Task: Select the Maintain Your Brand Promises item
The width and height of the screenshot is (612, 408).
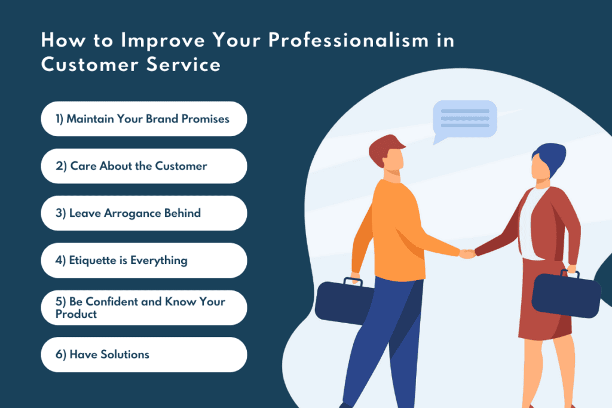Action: [x=143, y=119]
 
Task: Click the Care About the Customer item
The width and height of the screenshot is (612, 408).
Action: [x=143, y=166]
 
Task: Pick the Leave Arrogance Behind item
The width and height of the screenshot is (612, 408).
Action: [x=143, y=213]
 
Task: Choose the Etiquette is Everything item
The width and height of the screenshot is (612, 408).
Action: [x=143, y=260]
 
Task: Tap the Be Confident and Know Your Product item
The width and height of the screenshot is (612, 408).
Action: [x=143, y=308]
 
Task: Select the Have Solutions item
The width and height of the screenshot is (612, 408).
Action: [x=143, y=354]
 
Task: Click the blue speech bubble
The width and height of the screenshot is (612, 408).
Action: [x=464, y=119]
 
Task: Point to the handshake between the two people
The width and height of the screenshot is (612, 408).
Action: [x=467, y=254]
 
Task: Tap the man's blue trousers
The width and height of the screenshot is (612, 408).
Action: [x=388, y=340]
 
